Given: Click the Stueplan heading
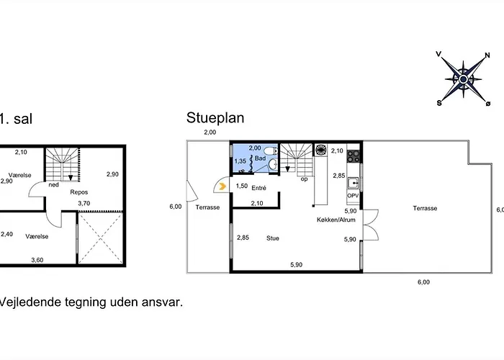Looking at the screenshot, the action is click(x=215, y=118).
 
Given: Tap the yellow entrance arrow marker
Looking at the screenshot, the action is click(x=222, y=186).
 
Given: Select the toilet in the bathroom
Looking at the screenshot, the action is click(x=270, y=150).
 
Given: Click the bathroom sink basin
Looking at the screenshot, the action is click(x=273, y=164).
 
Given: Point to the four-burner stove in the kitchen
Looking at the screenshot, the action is click(x=353, y=156).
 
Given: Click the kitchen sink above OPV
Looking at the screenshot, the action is click(x=353, y=183).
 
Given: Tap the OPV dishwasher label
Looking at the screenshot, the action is click(x=353, y=196).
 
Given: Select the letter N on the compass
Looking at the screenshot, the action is click(x=487, y=55).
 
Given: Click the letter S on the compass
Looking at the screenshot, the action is click(x=439, y=103).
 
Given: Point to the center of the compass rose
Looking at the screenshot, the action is click(x=463, y=79).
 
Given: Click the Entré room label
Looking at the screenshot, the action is click(x=258, y=188).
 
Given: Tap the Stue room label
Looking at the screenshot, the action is click(x=273, y=238).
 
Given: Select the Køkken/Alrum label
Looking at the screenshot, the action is click(x=336, y=220).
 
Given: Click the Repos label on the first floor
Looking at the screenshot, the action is click(x=79, y=192).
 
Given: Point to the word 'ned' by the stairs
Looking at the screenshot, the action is click(x=54, y=185).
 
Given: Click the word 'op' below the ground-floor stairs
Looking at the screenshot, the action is click(x=304, y=179).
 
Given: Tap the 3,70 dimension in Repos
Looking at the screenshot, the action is click(x=84, y=203).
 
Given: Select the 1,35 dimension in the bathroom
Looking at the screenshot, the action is click(x=240, y=161).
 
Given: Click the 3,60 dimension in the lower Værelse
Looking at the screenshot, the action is click(x=37, y=260).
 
